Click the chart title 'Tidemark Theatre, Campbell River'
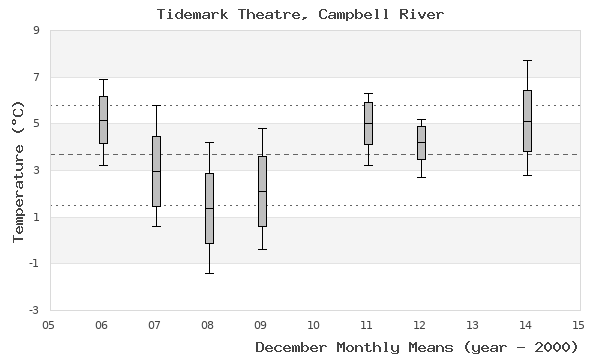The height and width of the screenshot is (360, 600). coord(300,14)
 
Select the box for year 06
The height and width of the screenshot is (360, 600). coord(103,120)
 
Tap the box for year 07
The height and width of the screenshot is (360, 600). coord(156,171)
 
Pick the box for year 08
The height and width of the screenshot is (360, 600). coord(209,208)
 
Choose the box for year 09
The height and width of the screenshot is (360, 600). coord(262,191)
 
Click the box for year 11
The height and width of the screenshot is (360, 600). coord(368,123)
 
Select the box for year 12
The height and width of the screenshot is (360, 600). coord(421,143)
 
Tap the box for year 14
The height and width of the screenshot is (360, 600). coord(527,121)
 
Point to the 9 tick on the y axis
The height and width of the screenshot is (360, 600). coord(36,30)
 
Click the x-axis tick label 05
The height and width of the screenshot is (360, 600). coord(49,324)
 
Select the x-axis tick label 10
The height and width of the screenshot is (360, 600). coord(314,324)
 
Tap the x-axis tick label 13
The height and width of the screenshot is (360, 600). coord(473,324)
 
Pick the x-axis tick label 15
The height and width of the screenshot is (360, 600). coord(579,324)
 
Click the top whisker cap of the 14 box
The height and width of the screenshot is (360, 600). coord(527,60)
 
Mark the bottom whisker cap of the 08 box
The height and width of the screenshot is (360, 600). coord(209,273)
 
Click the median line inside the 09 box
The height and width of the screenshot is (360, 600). coord(262,191)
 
